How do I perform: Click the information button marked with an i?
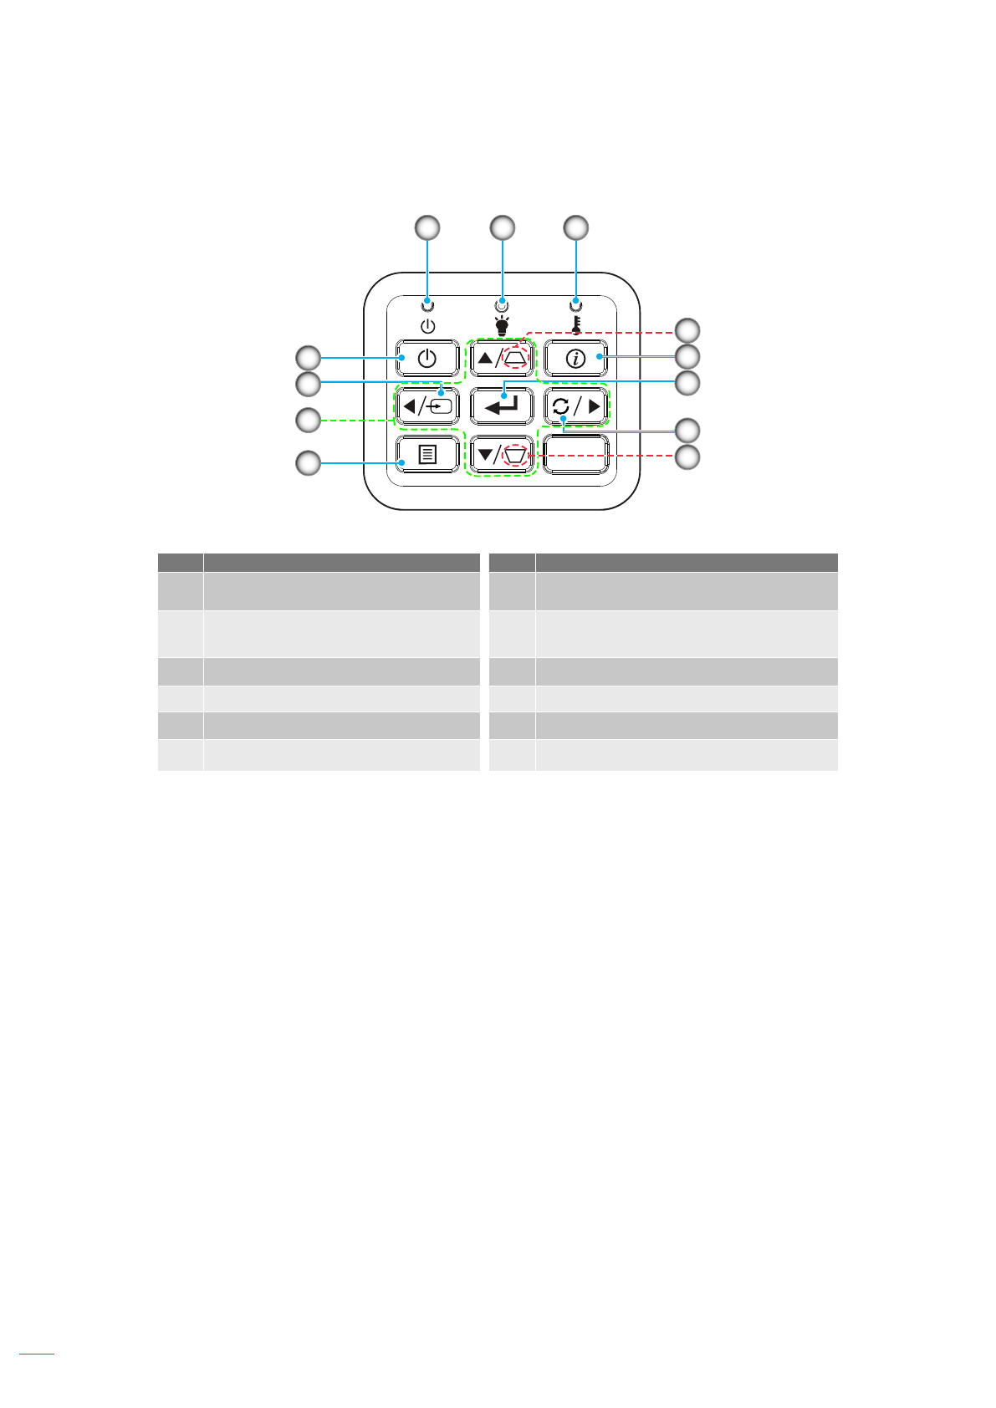(x=575, y=359)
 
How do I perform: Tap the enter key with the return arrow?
(x=502, y=406)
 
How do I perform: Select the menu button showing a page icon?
(x=427, y=455)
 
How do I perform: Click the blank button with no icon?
(x=575, y=455)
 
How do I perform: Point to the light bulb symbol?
(x=502, y=326)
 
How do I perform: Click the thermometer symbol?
(x=575, y=325)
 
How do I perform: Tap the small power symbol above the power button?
(x=427, y=325)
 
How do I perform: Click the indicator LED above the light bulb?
(x=502, y=304)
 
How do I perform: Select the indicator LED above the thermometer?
(x=575, y=304)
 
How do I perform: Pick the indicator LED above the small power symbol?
(x=428, y=304)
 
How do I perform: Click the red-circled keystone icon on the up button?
(x=517, y=358)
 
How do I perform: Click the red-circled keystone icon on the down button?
(x=517, y=455)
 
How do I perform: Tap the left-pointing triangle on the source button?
(x=409, y=407)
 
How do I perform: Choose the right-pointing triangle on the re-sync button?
(x=594, y=407)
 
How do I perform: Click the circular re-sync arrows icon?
(x=560, y=407)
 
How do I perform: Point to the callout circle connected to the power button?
(x=309, y=358)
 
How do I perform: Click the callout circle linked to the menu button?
(x=309, y=462)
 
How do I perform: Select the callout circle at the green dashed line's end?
(x=309, y=420)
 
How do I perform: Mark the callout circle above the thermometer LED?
(x=575, y=227)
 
